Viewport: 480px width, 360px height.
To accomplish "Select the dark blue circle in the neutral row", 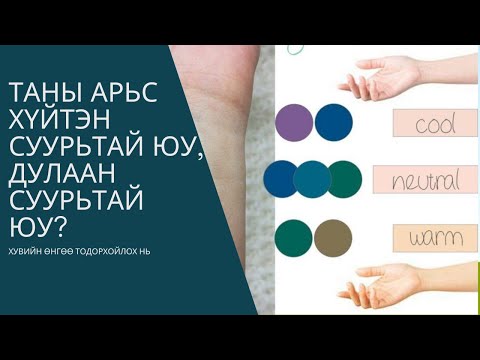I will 281,178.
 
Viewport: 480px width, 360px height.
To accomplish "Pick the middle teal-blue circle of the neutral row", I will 312,178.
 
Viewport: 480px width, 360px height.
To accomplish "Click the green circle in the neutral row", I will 343,178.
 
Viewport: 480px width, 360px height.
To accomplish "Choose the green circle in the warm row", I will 295,237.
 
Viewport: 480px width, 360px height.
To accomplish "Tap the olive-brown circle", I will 331,237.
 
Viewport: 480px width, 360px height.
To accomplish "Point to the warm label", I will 429,237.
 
